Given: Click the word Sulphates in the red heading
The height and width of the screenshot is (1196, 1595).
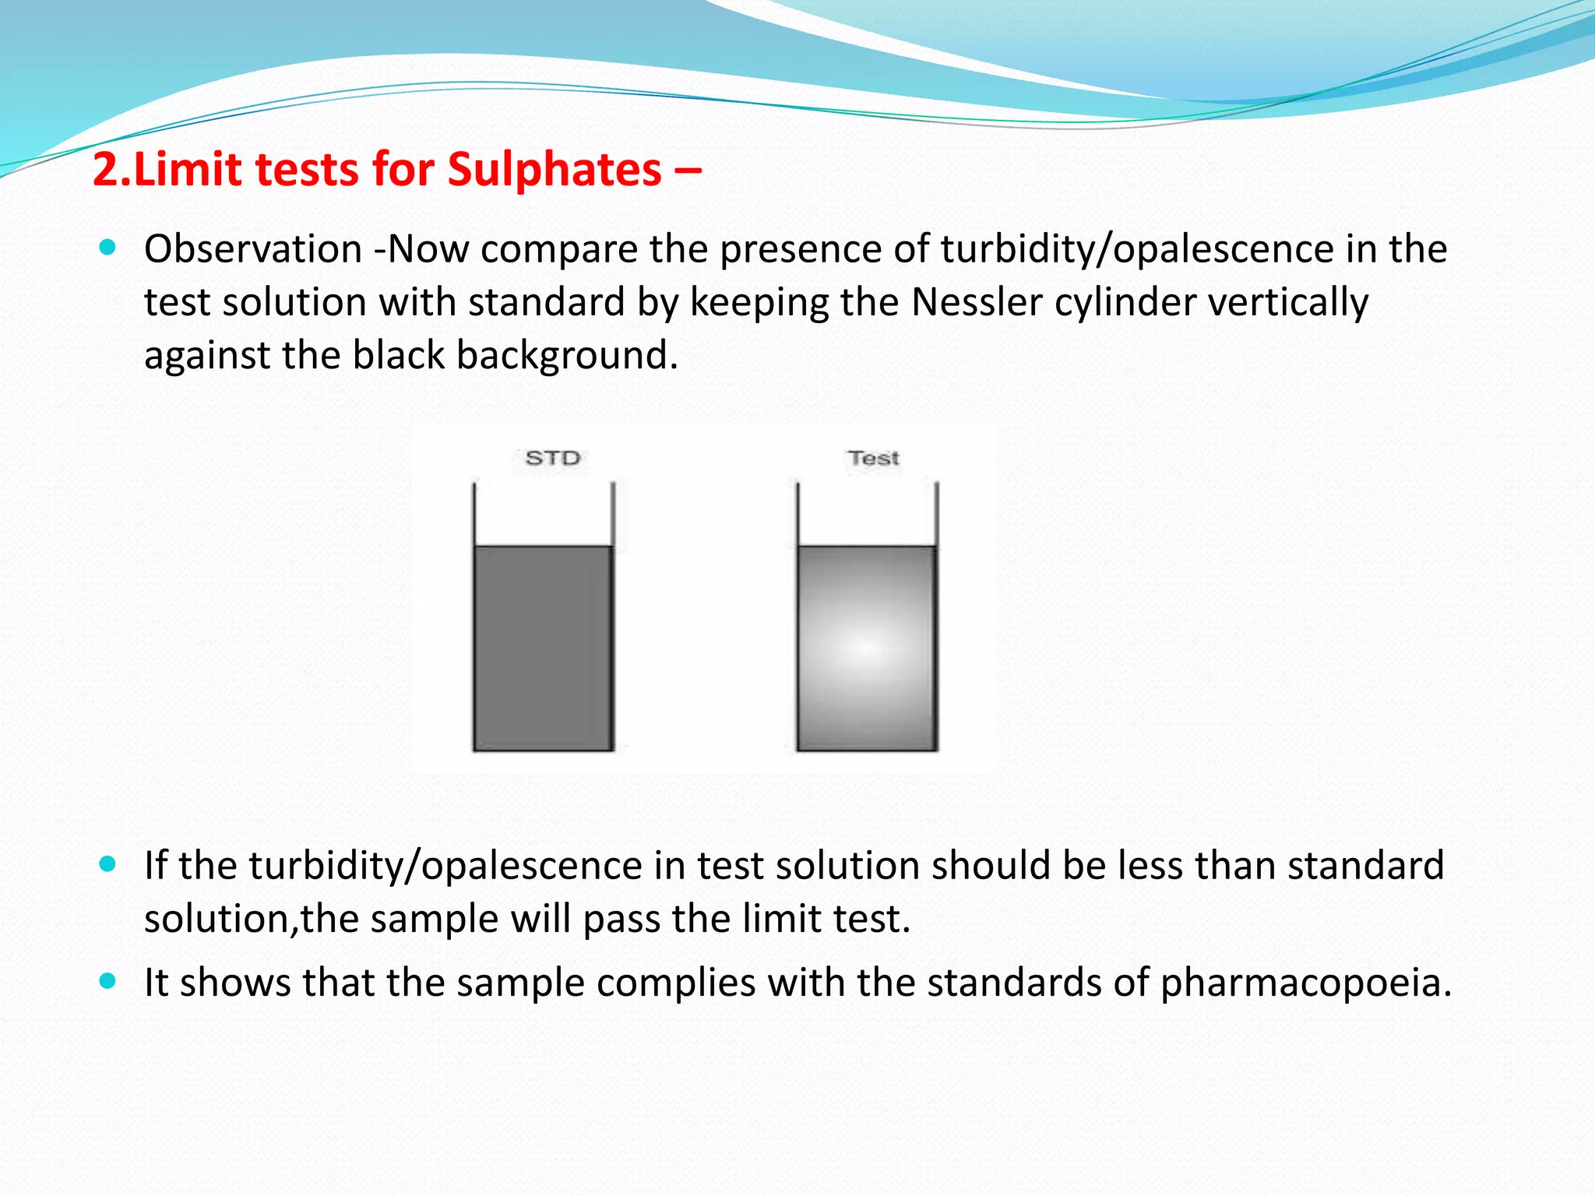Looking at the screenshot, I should pyautogui.click(x=554, y=170).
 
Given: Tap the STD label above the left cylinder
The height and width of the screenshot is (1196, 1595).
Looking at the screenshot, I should pyautogui.click(x=553, y=458).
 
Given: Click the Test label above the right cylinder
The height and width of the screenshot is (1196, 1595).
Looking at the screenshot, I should pyautogui.click(x=874, y=458).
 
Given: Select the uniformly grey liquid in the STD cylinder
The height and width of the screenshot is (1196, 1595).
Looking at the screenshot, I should pyautogui.click(x=543, y=648).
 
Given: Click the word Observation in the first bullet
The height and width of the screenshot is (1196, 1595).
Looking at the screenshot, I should pyautogui.click(x=253, y=249).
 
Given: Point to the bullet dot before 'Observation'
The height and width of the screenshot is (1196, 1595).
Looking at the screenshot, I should pyautogui.click(x=108, y=248).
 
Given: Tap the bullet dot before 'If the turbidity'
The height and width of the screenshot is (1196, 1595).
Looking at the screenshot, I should pyautogui.click(x=108, y=864).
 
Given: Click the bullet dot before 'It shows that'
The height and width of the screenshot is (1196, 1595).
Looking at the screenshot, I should pyautogui.click(x=108, y=981).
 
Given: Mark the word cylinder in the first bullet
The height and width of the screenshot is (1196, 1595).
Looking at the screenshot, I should pyautogui.click(x=1124, y=302).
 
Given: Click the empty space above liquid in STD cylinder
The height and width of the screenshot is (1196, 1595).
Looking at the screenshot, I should pyautogui.click(x=543, y=514).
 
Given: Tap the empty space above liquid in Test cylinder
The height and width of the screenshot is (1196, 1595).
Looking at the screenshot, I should pyautogui.click(x=867, y=514).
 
